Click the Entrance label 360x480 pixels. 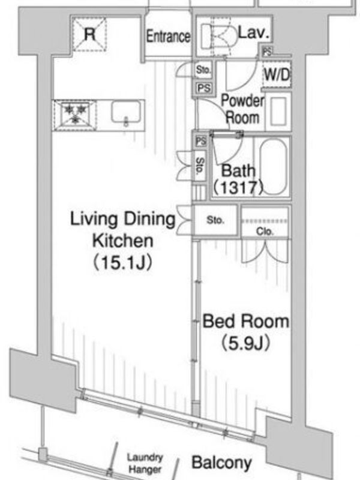pyautogui.click(x=168, y=37)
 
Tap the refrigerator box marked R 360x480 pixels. pyautogui.click(x=89, y=34)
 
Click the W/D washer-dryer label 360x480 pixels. pyautogui.click(x=277, y=74)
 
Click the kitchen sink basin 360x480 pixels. pyautogui.click(x=126, y=112)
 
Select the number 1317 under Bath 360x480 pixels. pyautogui.click(x=238, y=187)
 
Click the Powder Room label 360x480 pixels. pyautogui.click(x=242, y=109)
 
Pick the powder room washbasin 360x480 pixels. pyautogui.click(x=278, y=110)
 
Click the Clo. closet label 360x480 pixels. pyautogui.click(x=265, y=232)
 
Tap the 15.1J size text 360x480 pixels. pyautogui.click(x=122, y=263)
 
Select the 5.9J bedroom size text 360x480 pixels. pyautogui.click(x=245, y=343)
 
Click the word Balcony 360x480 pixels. pyautogui.click(x=221, y=463)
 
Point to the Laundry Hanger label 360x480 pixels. pyautogui.click(x=145, y=463)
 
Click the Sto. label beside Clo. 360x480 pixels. pyautogui.click(x=215, y=220)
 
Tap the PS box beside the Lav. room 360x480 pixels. pyautogui.click(x=267, y=52)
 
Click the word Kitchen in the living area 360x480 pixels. pyautogui.click(x=122, y=241)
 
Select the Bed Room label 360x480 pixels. pyautogui.click(x=246, y=321)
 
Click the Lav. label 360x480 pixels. pyautogui.click(x=254, y=32)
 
